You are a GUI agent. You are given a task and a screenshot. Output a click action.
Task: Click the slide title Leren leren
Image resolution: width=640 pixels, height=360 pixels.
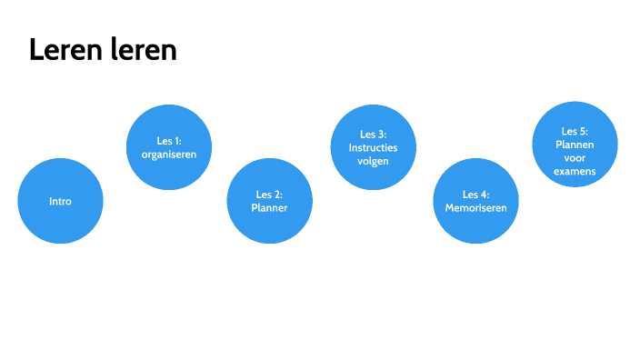click(103, 51)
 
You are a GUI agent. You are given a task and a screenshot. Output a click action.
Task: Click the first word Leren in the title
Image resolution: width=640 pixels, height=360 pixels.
click(62, 51)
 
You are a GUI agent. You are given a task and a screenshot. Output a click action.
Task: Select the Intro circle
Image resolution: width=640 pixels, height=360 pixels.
click(60, 201)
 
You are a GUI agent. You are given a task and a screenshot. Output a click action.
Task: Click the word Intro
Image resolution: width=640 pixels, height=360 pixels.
click(60, 202)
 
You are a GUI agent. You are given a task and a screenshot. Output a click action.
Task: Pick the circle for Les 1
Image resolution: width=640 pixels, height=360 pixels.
click(168, 147)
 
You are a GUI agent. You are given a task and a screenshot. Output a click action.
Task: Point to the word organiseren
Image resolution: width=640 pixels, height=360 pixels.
click(168, 155)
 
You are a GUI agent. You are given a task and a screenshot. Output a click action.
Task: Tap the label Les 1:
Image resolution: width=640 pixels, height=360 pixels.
click(168, 141)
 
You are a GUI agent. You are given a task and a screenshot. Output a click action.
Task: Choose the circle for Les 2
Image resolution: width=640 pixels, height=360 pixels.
click(269, 201)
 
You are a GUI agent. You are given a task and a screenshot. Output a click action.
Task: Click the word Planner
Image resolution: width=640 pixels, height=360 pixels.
click(269, 208)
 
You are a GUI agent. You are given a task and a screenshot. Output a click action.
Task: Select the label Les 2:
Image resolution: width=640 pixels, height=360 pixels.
click(269, 195)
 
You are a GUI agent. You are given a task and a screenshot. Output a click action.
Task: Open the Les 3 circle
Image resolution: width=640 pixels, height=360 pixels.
click(373, 147)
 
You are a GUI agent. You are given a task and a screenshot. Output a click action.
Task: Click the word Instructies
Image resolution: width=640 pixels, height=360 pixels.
click(373, 147)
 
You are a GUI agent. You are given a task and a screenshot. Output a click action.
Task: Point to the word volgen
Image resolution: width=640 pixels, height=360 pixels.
click(373, 161)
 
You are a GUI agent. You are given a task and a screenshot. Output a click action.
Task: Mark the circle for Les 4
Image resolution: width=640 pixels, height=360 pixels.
click(475, 201)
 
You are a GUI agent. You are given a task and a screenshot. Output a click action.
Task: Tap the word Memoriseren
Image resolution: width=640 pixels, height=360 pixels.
click(475, 208)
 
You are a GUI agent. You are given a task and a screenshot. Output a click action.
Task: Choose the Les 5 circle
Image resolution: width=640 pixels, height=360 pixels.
click(575, 144)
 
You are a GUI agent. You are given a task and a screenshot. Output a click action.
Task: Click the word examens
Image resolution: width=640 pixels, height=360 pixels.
click(575, 171)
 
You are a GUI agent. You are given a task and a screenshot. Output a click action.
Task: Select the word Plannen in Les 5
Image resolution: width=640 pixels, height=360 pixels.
click(575, 144)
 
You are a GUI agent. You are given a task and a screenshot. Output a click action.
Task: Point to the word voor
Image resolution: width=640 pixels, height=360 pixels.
click(575, 157)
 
